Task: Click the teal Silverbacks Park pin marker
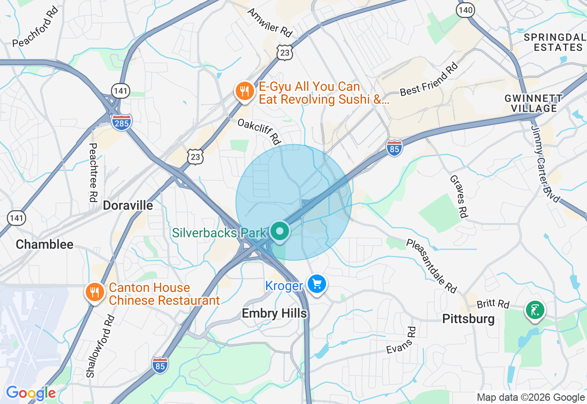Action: click(280, 231)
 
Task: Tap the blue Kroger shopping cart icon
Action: click(316, 285)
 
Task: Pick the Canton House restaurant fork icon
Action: click(95, 292)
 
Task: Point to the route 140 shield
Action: click(465, 10)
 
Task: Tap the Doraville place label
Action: click(128, 205)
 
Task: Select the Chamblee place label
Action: click(44, 244)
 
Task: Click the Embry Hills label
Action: click(274, 314)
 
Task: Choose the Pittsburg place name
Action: click(468, 319)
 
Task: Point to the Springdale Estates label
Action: click(554, 42)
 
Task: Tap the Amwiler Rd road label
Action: click(270, 22)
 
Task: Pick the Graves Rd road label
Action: click(459, 196)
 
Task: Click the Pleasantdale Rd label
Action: click(431, 265)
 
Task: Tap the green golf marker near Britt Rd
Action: click(535, 311)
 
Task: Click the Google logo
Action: click(30, 393)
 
